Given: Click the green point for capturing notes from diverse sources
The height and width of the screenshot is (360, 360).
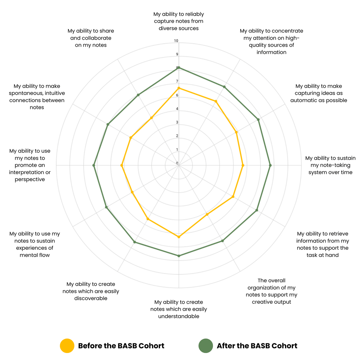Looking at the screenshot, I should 179,68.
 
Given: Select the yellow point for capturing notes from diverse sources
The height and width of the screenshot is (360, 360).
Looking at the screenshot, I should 179,88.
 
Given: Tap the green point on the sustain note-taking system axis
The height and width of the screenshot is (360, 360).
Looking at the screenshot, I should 270,165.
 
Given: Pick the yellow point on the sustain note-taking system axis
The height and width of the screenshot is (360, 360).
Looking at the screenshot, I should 243,165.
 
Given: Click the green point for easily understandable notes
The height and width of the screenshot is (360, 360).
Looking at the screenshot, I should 179,256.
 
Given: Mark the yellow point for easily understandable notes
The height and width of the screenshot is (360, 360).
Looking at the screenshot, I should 179,237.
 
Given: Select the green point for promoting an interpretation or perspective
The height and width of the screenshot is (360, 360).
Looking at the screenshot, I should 94,165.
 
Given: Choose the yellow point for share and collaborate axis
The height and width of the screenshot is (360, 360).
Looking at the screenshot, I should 151,118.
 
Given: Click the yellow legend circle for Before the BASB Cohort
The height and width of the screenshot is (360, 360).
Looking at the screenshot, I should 67,346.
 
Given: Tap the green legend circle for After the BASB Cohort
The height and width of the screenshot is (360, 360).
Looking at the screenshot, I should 206,346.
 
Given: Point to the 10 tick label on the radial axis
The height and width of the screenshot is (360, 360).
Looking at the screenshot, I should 176,41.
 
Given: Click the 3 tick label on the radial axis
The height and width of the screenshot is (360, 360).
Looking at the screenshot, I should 177,122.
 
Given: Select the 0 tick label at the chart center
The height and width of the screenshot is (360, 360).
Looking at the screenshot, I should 177,163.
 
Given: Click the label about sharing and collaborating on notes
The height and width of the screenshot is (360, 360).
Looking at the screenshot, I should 91,38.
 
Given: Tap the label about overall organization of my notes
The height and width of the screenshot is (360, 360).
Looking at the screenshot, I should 271,291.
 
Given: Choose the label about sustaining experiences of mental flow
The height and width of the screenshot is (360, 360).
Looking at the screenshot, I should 35,244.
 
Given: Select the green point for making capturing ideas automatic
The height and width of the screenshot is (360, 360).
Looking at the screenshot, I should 258,119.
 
